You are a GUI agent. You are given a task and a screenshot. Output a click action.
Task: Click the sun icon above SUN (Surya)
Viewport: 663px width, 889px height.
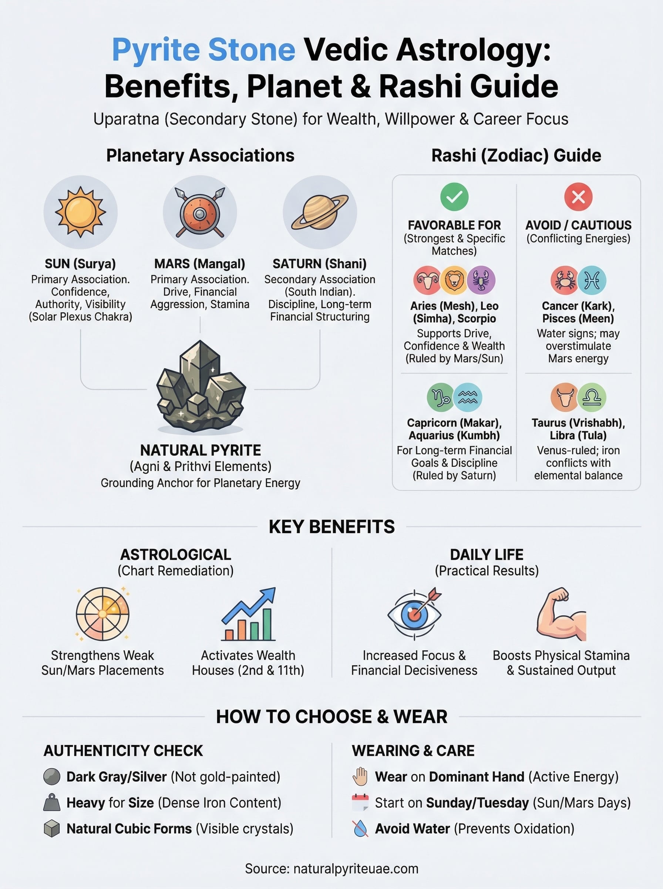[x=80, y=212]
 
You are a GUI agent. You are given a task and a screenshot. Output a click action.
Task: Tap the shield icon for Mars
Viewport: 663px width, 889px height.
[x=199, y=213]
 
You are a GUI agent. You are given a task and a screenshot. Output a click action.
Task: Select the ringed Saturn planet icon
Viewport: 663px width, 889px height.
[x=320, y=212]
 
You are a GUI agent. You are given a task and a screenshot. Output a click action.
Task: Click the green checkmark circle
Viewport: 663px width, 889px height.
[x=454, y=197]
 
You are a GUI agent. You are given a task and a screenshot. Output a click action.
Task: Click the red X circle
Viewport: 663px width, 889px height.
[x=578, y=197]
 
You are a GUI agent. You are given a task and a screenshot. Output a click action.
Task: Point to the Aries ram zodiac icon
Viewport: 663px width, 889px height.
[x=427, y=280]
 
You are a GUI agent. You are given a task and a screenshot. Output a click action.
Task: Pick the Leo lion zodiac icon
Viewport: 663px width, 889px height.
[x=454, y=280]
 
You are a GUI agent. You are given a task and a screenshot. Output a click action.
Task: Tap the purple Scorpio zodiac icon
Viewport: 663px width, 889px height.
[x=481, y=280]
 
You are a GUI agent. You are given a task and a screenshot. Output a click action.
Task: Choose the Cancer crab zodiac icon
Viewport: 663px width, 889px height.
[x=564, y=280]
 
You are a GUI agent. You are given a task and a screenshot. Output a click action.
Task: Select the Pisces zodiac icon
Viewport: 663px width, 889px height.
[x=592, y=280]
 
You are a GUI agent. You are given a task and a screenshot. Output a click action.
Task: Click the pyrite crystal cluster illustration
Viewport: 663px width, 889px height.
[x=200, y=388]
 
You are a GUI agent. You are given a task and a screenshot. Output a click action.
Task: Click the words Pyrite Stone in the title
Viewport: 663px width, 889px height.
[x=203, y=49]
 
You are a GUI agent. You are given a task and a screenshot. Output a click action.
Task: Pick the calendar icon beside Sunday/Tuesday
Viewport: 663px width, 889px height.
[x=360, y=803]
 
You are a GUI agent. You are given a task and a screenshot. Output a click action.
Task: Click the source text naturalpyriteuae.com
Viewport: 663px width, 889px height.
[x=356, y=869]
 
